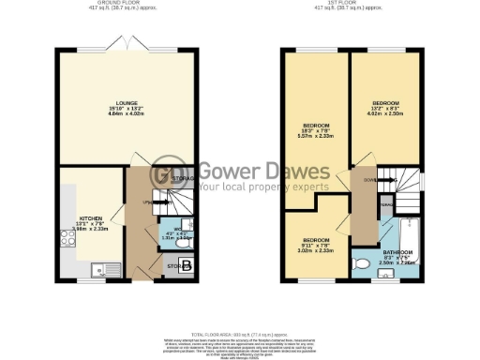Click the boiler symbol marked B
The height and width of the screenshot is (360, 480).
pyautogui.click(x=186, y=267)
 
